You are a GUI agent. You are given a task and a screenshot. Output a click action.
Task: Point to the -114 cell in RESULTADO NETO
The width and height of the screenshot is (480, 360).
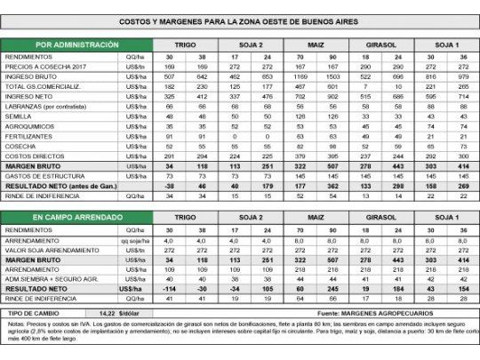point(183,288)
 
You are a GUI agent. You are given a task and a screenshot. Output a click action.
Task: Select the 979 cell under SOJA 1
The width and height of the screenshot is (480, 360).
point(464,75)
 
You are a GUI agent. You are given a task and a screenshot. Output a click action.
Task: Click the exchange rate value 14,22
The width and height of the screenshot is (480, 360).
point(104,314)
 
